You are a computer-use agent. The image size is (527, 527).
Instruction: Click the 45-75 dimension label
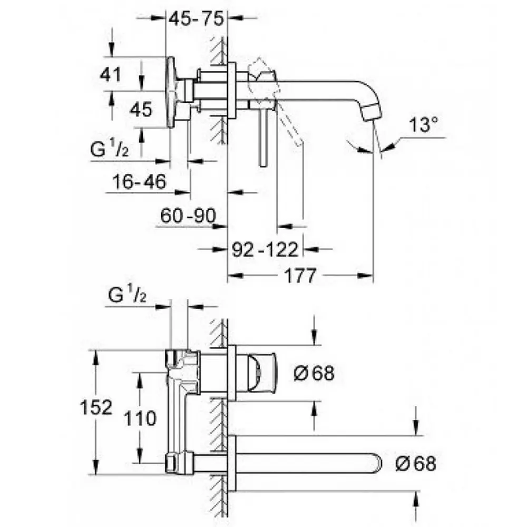196,18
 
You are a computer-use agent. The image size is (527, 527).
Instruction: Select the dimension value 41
111,74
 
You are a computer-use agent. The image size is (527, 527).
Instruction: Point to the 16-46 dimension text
139,182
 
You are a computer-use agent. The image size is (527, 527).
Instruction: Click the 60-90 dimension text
188,216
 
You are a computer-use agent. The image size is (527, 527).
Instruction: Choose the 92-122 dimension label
265,249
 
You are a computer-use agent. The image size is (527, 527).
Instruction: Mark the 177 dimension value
300,276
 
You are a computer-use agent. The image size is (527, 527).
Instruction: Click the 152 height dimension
96,407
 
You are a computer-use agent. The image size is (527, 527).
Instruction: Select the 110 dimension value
140,419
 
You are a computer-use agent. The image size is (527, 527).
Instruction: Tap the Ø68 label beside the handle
314,373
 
